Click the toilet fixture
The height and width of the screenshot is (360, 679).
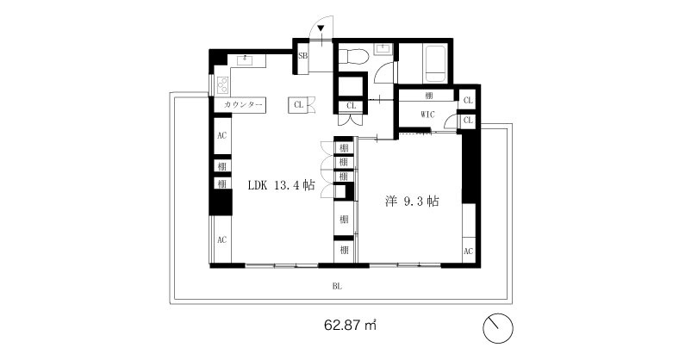point(353,55)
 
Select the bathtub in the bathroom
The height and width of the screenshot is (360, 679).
point(435,64)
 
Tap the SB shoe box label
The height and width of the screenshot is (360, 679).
point(302,55)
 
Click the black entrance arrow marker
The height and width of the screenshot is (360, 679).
point(321,28)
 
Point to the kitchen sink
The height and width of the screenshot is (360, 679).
point(246,59)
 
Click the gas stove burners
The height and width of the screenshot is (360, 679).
point(223,84)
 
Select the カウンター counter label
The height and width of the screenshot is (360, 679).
point(243,105)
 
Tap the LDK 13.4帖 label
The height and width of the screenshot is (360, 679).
point(281,185)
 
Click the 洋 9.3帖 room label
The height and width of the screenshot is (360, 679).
point(412,202)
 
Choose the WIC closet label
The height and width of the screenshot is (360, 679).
point(427,115)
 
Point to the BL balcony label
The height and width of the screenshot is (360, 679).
point(337,286)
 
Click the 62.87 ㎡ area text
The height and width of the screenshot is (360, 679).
point(350,325)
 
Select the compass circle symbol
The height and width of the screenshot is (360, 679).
point(498,328)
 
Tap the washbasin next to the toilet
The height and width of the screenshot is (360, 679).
point(383,49)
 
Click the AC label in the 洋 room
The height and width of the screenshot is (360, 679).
point(468,251)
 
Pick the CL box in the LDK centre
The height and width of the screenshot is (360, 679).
point(298,105)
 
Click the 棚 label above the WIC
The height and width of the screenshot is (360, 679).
point(429,96)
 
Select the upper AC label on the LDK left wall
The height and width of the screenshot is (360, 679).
point(221,135)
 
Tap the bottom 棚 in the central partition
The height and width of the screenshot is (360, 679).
point(344,250)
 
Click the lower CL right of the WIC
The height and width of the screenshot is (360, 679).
point(468,121)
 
